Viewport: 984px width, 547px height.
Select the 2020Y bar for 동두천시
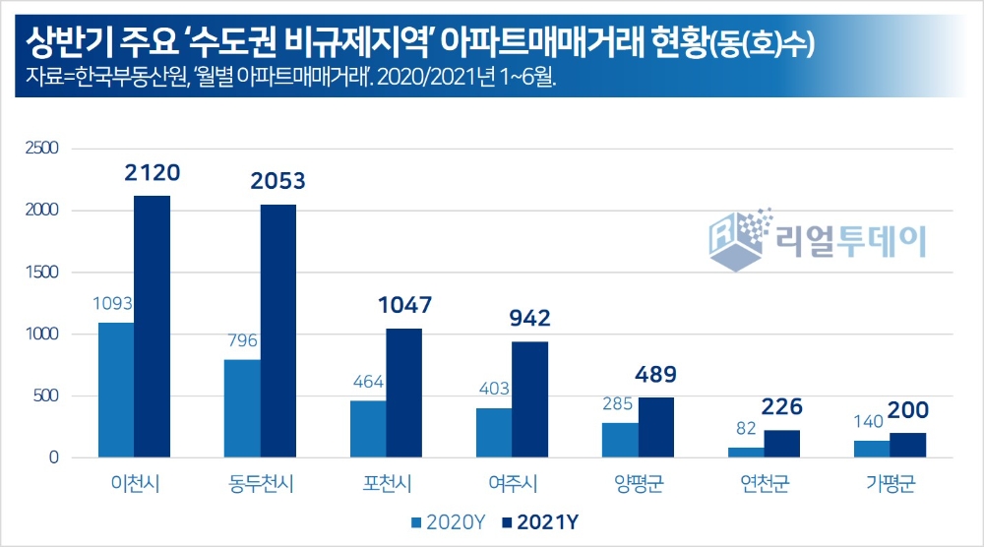[x=242, y=408]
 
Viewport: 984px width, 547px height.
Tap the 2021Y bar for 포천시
[x=403, y=393]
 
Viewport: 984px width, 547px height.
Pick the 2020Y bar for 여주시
[x=494, y=433]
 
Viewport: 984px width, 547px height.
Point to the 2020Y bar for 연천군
[x=746, y=453]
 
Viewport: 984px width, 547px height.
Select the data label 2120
[x=153, y=174]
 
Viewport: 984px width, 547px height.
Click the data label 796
[x=241, y=341]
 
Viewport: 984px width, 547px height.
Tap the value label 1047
[x=403, y=306]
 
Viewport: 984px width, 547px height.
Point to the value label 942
[x=530, y=319]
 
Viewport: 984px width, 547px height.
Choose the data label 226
[x=782, y=407]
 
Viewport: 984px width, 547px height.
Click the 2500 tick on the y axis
[x=40, y=149]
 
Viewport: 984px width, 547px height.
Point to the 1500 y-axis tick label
[x=40, y=273]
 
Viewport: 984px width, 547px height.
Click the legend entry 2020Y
[x=447, y=520]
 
